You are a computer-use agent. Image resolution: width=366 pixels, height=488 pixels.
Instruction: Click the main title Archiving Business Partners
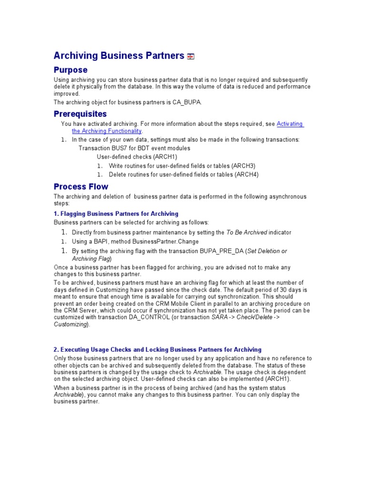118,56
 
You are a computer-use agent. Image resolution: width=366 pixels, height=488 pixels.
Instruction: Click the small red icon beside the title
191,57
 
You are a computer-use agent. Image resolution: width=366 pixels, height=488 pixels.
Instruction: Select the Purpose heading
70,70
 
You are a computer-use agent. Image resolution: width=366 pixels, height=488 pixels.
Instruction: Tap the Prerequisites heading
80,114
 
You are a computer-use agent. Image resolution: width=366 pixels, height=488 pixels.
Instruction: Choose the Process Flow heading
81,186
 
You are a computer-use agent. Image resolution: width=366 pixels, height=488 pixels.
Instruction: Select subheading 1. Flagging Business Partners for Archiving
116,213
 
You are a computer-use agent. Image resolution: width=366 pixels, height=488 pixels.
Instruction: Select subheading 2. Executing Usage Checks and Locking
157,350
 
